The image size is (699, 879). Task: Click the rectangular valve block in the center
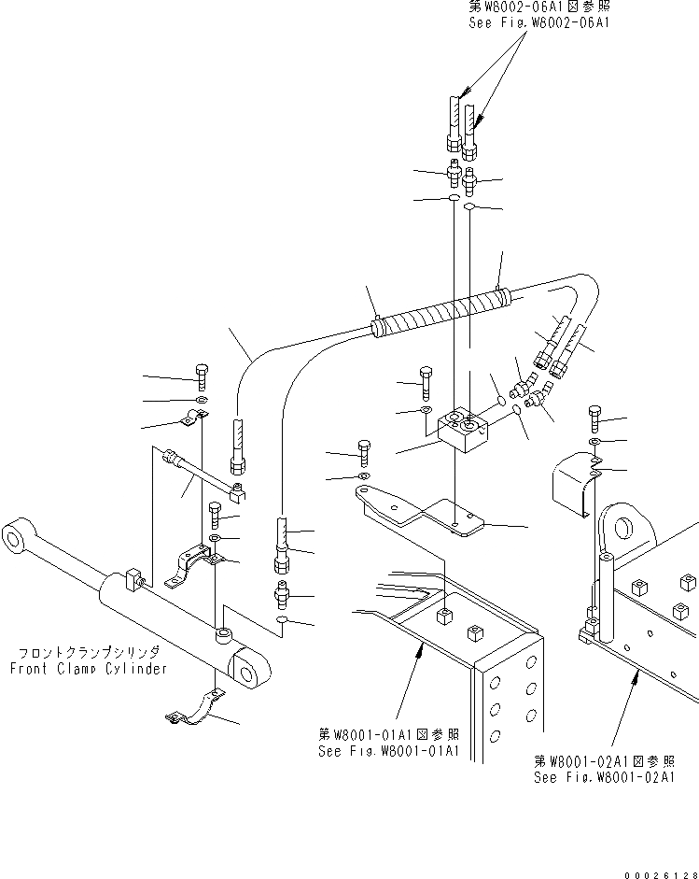pos(461,434)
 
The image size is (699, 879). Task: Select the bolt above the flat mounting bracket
pos(364,452)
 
